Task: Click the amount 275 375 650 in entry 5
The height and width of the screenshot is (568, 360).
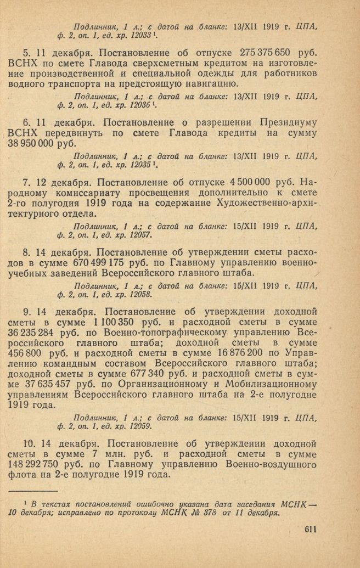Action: pos(266,54)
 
